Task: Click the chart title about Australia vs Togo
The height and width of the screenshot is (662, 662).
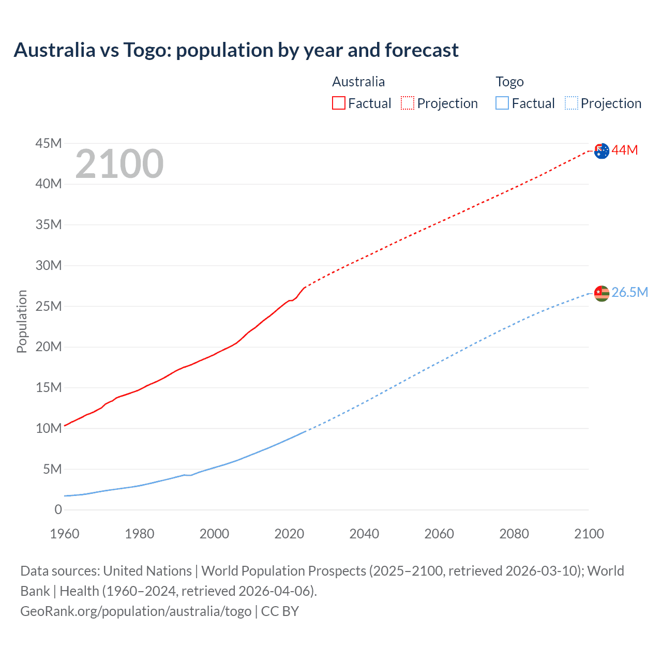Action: pyautogui.click(x=236, y=50)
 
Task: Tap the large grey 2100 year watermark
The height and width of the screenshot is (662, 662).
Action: pyautogui.click(x=119, y=164)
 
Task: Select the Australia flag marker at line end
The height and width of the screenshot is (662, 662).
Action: pyautogui.click(x=601, y=151)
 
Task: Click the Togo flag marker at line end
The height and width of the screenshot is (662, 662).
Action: pyautogui.click(x=601, y=293)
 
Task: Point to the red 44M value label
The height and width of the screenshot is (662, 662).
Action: pyautogui.click(x=625, y=151)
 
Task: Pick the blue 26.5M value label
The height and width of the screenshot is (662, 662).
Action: pyautogui.click(x=629, y=292)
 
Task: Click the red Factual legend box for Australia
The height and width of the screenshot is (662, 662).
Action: pyautogui.click(x=339, y=103)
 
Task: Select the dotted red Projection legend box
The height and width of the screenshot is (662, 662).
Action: pyautogui.click(x=408, y=103)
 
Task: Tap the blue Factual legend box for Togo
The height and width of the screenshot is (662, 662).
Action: pyautogui.click(x=502, y=103)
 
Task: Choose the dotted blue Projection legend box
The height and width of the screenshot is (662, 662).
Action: pyautogui.click(x=571, y=103)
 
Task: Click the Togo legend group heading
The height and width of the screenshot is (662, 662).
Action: pyautogui.click(x=509, y=82)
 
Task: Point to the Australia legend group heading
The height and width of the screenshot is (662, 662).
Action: pyautogui.click(x=358, y=82)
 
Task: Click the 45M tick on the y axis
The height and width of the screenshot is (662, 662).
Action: pyautogui.click(x=49, y=143)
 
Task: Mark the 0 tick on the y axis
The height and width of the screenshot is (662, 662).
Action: pyautogui.click(x=58, y=510)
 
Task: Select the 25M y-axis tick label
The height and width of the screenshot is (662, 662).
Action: pyautogui.click(x=49, y=306)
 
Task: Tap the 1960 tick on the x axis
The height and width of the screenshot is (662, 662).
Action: pyautogui.click(x=65, y=534)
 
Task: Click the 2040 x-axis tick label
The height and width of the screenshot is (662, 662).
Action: pyautogui.click(x=364, y=534)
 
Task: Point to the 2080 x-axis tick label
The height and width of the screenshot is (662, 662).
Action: pyautogui.click(x=514, y=534)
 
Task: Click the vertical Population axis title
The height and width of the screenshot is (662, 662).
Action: pyautogui.click(x=22, y=321)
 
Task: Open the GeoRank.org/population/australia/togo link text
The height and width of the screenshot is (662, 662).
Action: pyautogui.click(x=136, y=611)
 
